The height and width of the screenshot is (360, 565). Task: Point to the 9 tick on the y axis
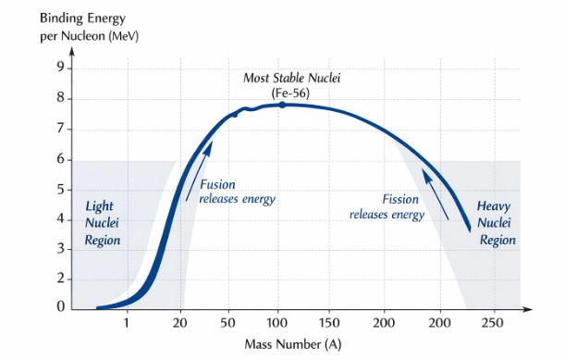tap(61, 68)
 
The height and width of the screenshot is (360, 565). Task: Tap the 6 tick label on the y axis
tap(61, 158)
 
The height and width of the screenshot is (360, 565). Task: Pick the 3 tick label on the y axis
tap(61, 248)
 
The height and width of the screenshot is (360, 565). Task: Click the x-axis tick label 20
tap(179, 323)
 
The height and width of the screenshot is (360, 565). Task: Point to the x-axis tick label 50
tap(227, 323)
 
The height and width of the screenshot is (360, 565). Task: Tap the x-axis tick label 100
tap(277, 323)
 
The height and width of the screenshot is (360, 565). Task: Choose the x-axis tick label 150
tap(329, 323)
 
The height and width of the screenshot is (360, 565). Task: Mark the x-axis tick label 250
tap(493, 323)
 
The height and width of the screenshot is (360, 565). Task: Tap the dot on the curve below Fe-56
tap(282, 105)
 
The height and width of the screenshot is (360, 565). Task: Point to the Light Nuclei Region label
tap(99, 221)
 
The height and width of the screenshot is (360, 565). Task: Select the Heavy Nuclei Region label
tap(496, 222)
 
